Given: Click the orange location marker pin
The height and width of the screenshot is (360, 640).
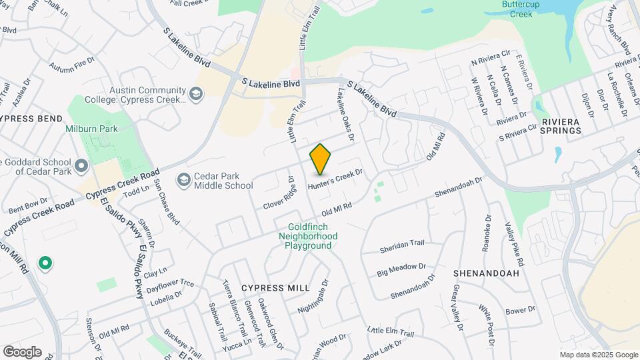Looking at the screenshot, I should (x=321, y=159).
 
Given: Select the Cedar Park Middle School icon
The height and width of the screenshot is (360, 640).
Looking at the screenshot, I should (x=183, y=179).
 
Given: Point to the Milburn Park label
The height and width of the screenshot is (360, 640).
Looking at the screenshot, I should (x=86, y=129).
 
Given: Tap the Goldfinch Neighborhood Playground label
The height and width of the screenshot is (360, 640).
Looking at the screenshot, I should (x=308, y=236).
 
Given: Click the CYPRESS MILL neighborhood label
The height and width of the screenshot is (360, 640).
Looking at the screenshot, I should (x=275, y=287).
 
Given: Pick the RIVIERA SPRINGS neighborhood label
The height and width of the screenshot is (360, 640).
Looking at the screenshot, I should (x=561, y=126).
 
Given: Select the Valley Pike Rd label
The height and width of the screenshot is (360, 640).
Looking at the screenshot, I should (x=515, y=243).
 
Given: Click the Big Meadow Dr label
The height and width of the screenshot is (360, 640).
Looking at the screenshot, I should (x=401, y=269).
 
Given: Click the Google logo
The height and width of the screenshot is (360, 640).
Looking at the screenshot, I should (x=22, y=351).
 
